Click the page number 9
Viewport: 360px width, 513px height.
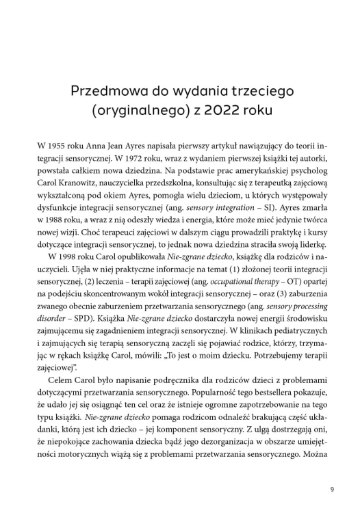[331, 488]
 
